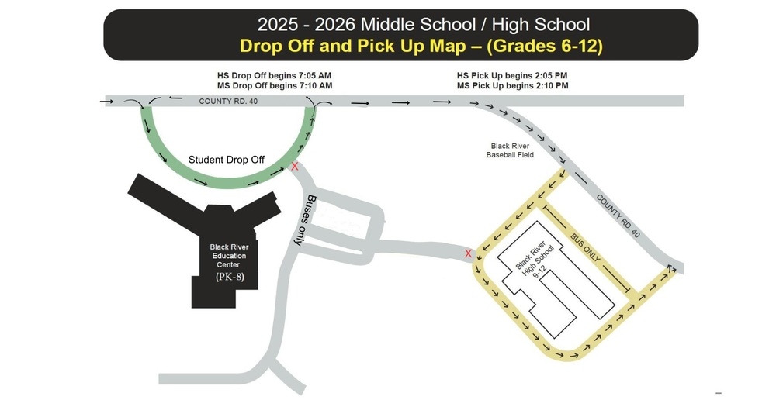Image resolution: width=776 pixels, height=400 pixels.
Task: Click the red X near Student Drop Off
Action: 294,166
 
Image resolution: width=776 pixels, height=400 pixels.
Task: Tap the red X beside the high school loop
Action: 467,253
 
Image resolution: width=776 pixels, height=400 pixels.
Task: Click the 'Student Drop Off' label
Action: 227,160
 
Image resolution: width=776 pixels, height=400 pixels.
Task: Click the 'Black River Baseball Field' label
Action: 511,150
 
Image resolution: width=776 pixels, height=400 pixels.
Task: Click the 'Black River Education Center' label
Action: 228,256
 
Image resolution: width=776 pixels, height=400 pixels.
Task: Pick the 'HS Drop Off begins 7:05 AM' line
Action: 275,75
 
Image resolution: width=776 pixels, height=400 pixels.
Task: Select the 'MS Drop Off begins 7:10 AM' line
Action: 275,85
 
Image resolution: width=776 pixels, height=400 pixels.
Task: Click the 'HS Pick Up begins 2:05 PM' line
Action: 513,75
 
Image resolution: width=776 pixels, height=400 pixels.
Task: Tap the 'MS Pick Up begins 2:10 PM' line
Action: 513,85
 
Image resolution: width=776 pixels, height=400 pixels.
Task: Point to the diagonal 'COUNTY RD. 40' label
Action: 618,216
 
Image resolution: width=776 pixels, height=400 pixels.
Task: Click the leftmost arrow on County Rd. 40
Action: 107,101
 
